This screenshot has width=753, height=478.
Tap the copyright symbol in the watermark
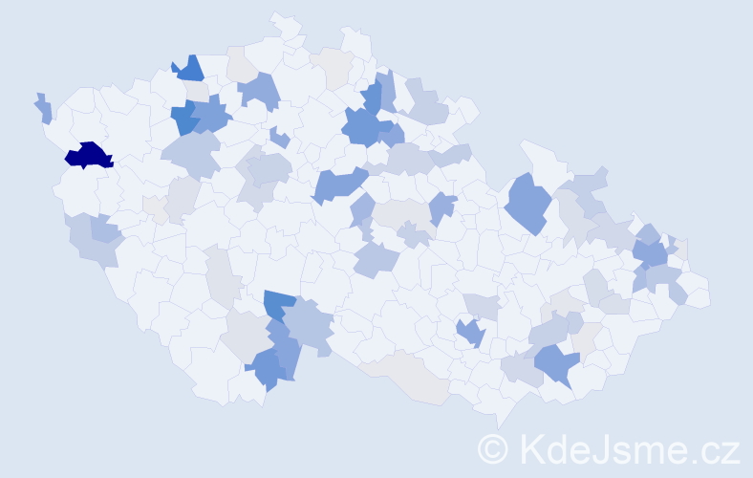[x=493, y=448]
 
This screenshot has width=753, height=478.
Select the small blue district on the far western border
[x=44, y=109]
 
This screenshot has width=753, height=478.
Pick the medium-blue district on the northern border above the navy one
[x=189, y=69]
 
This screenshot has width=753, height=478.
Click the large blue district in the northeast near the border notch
[x=527, y=202]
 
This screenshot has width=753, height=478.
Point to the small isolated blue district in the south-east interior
[x=470, y=333]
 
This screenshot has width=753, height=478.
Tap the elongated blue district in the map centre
[x=338, y=184]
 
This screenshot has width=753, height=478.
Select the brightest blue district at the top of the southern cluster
[x=279, y=304]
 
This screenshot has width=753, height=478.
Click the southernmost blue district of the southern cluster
[x=266, y=371]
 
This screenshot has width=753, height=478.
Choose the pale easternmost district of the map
[x=696, y=292]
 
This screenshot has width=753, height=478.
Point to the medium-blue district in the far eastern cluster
[x=650, y=253]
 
